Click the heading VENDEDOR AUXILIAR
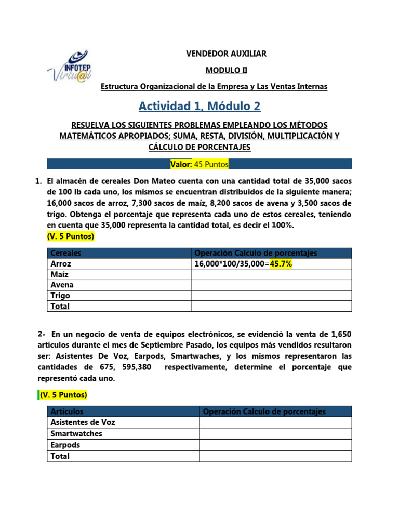(x=226, y=54)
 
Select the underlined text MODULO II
(x=226, y=70)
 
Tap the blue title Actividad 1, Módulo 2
(x=199, y=106)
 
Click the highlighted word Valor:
(x=181, y=165)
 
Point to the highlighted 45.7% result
(x=281, y=264)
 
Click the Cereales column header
(x=66, y=253)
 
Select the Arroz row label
(x=61, y=264)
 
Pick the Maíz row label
(x=60, y=274)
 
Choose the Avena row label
(x=62, y=285)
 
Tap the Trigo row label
(x=60, y=296)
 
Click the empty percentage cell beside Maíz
(x=271, y=274)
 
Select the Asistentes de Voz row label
(x=83, y=422)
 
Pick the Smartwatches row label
(x=76, y=433)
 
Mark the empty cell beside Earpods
(x=275, y=445)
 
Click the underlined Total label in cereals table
(x=60, y=306)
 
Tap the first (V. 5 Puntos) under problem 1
(x=71, y=236)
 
